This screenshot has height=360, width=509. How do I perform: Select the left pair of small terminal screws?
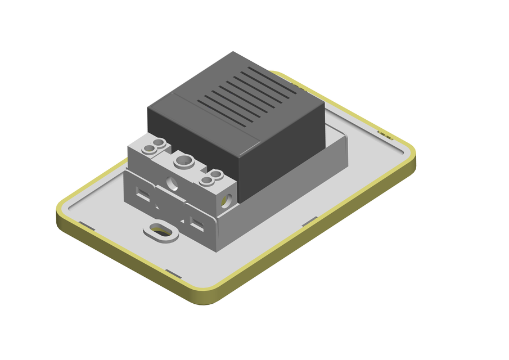154,147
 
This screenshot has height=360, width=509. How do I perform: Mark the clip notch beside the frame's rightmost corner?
385,134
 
